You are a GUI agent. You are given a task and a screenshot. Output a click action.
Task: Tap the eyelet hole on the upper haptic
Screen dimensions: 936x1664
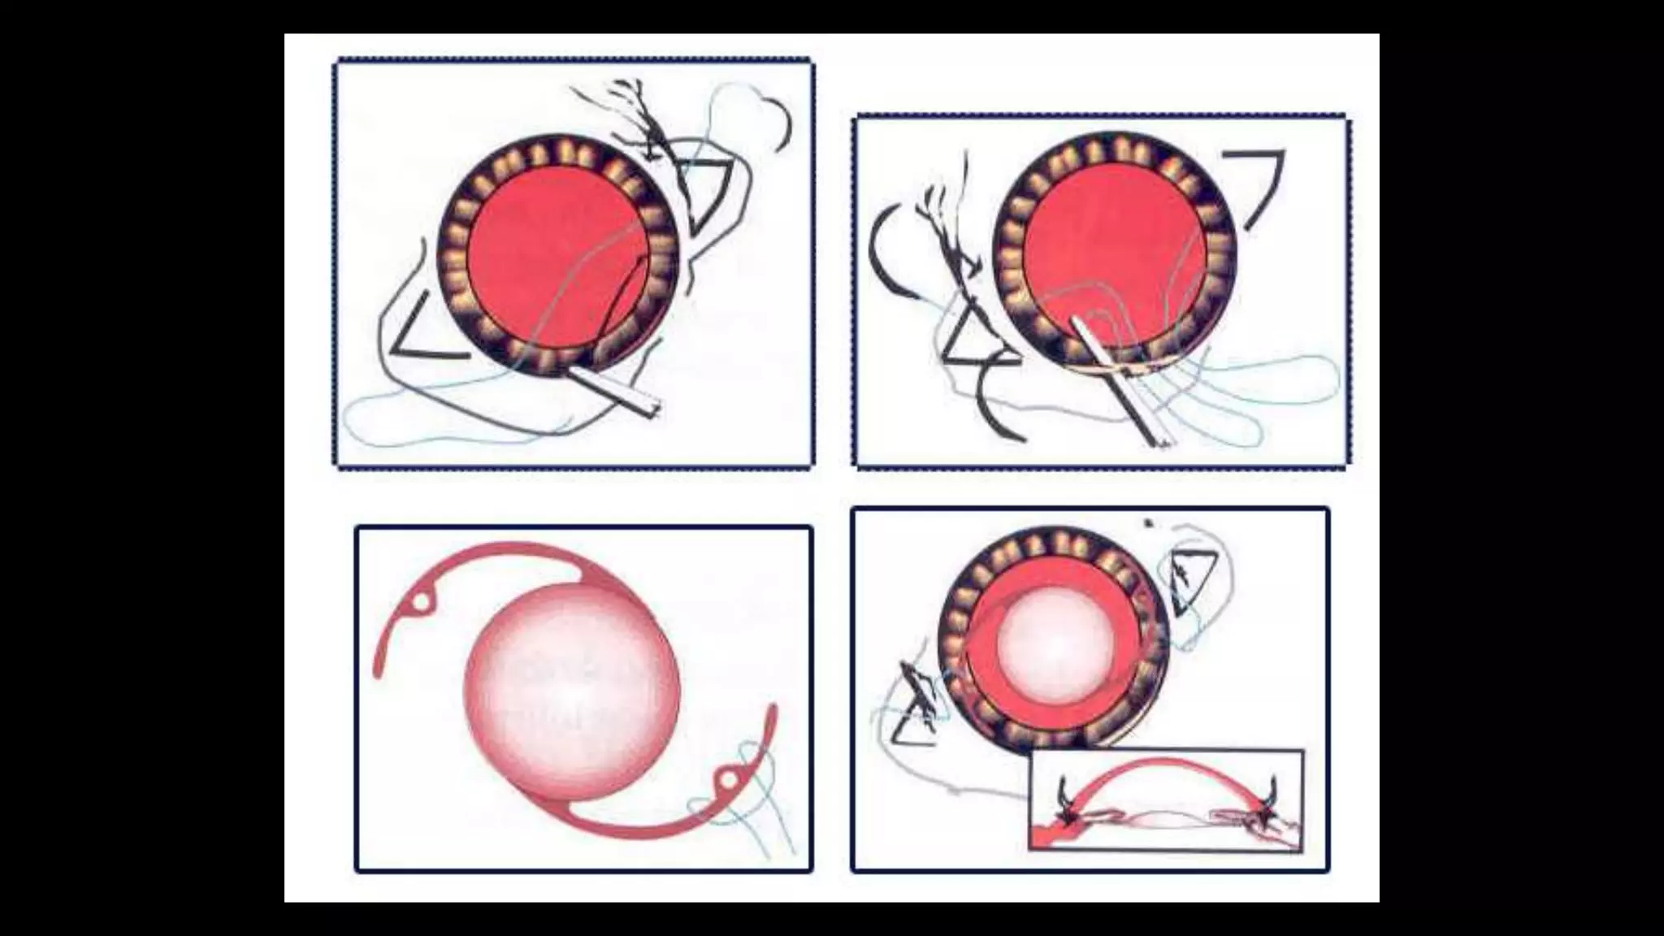pyautogui.click(x=422, y=602)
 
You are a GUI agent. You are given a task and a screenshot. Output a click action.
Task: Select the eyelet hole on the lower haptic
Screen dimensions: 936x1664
pyautogui.click(x=729, y=781)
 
